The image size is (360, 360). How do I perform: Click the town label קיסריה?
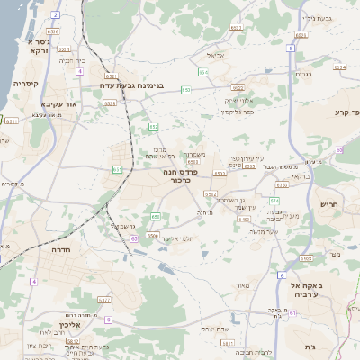tap(25, 83)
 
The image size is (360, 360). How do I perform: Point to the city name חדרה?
tap(62, 248)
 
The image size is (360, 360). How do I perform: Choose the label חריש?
tap(329, 204)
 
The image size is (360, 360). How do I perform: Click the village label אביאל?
tap(226, 55)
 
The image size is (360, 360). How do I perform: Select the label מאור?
tap(242, 286)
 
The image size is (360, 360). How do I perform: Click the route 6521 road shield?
tap(110, 76)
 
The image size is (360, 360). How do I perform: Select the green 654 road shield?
tap(202, 70)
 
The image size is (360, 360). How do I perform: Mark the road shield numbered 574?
tap(274, 201)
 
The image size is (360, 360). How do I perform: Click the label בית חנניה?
tap(72, 60)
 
